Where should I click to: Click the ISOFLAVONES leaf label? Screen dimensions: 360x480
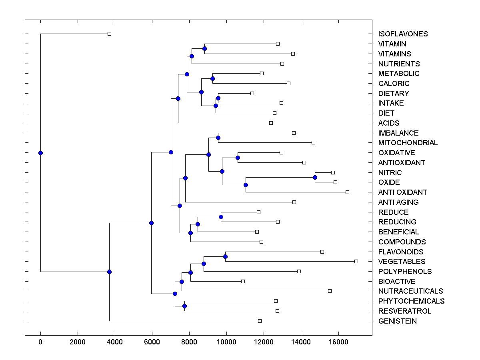(x=403, y=34)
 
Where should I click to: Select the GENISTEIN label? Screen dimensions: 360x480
(x=397, y=321)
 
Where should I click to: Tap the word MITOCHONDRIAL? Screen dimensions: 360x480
(x=408, y=143)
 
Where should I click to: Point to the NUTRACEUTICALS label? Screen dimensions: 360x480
(x=410, y=291)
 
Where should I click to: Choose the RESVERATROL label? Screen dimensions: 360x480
(x=404, y=311)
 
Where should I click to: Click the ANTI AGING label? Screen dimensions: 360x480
(x=398, y=202)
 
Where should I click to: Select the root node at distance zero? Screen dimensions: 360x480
(x=40, y=153)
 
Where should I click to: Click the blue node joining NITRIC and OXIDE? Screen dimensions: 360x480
(x=315, y=177)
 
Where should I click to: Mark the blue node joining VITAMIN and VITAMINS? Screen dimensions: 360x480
(x=204, y=48)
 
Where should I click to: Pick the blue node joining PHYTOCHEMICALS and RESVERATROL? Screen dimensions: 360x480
(x=184, y=306)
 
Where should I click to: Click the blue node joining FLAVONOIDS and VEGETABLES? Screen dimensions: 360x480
(x=225, y=256)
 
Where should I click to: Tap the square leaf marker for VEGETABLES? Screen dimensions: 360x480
(x=356, y=261)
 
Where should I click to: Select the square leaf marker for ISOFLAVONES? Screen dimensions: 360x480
(x=109, y=34)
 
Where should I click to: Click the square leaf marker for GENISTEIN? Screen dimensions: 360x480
(x=260, y=321)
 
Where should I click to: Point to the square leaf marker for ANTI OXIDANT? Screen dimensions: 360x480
(x=347, y=192)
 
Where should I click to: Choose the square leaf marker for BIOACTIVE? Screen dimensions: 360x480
(x=243, y=281)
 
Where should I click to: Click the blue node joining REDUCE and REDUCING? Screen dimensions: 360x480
(x=221, y=217)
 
